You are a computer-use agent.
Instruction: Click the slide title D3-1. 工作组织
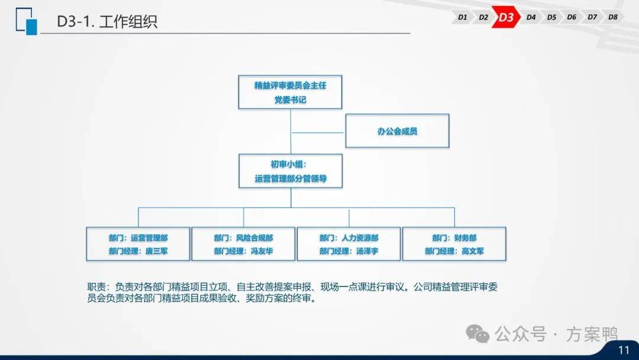pos(107,21)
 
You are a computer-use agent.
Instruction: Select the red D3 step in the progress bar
pos(506,17)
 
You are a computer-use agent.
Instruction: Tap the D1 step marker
pos(462,17)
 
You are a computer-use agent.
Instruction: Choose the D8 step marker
pos(612,17)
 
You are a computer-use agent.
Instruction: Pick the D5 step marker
pos(551,17)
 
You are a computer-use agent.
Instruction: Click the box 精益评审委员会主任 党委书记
pos(290,92)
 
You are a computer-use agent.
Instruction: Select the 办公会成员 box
pos(398,131)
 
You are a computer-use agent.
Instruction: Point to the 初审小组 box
pos(291,171)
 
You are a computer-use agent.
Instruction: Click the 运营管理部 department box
pos(138,244)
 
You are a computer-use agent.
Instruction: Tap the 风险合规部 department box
pos(243,244)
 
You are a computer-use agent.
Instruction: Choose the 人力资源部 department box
pos(349,244)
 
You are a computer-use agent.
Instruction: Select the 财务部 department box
pos(454,244)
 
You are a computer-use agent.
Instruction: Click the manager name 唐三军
pos(156,251)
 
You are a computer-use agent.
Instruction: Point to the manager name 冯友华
pos(262,251)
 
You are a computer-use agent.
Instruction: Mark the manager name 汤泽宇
pos(367,251)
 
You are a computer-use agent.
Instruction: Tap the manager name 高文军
pos(473,251)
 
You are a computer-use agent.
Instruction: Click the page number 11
pos(624,350)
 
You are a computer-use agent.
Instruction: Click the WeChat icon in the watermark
pos(477,334)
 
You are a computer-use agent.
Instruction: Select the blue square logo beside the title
pos(27,21)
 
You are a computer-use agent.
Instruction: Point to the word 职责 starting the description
pos(96,287)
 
